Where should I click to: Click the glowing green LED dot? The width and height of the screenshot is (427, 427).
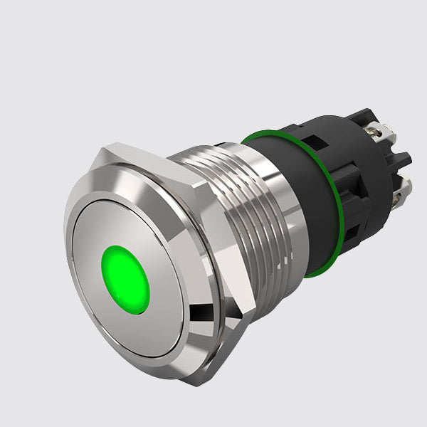126,280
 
